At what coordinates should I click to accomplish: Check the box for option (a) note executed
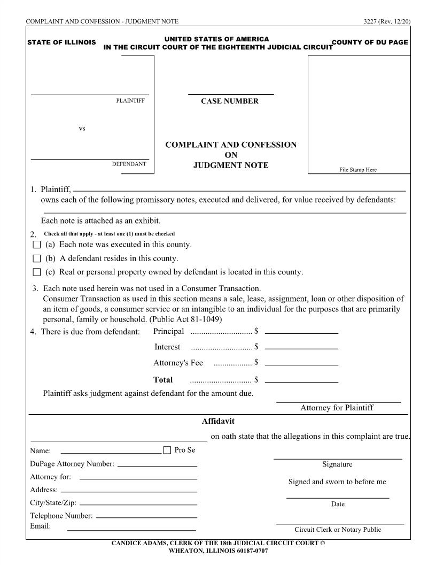tap(36, 245)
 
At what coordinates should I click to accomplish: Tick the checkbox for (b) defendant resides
tap(36, 258)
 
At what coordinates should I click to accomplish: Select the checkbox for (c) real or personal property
tap(36, 272)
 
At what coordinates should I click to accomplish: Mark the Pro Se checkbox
tap(167, 450)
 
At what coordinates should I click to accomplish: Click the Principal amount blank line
tap(301, 332)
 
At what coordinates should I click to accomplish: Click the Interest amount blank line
tap(301, 348)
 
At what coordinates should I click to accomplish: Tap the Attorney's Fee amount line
tap(301, 364)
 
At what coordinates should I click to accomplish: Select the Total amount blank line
tap(301, 381)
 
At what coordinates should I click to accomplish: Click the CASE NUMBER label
tap(230, 101)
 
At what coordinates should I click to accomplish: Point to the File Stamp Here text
tap(358, 170)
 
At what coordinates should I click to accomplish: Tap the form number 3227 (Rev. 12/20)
tap(386, 21)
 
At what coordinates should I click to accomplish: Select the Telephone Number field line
tap(146, 517)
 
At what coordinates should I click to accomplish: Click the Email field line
tap(131, 529)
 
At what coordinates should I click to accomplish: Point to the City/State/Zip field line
tap(138, 504)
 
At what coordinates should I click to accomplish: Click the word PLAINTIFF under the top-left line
tap(130, 101)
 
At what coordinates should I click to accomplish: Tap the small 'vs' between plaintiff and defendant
tap(82, 129)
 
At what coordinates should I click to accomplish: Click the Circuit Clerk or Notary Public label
tap(338, 530)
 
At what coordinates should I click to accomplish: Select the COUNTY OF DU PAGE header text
tap(370, 42)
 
